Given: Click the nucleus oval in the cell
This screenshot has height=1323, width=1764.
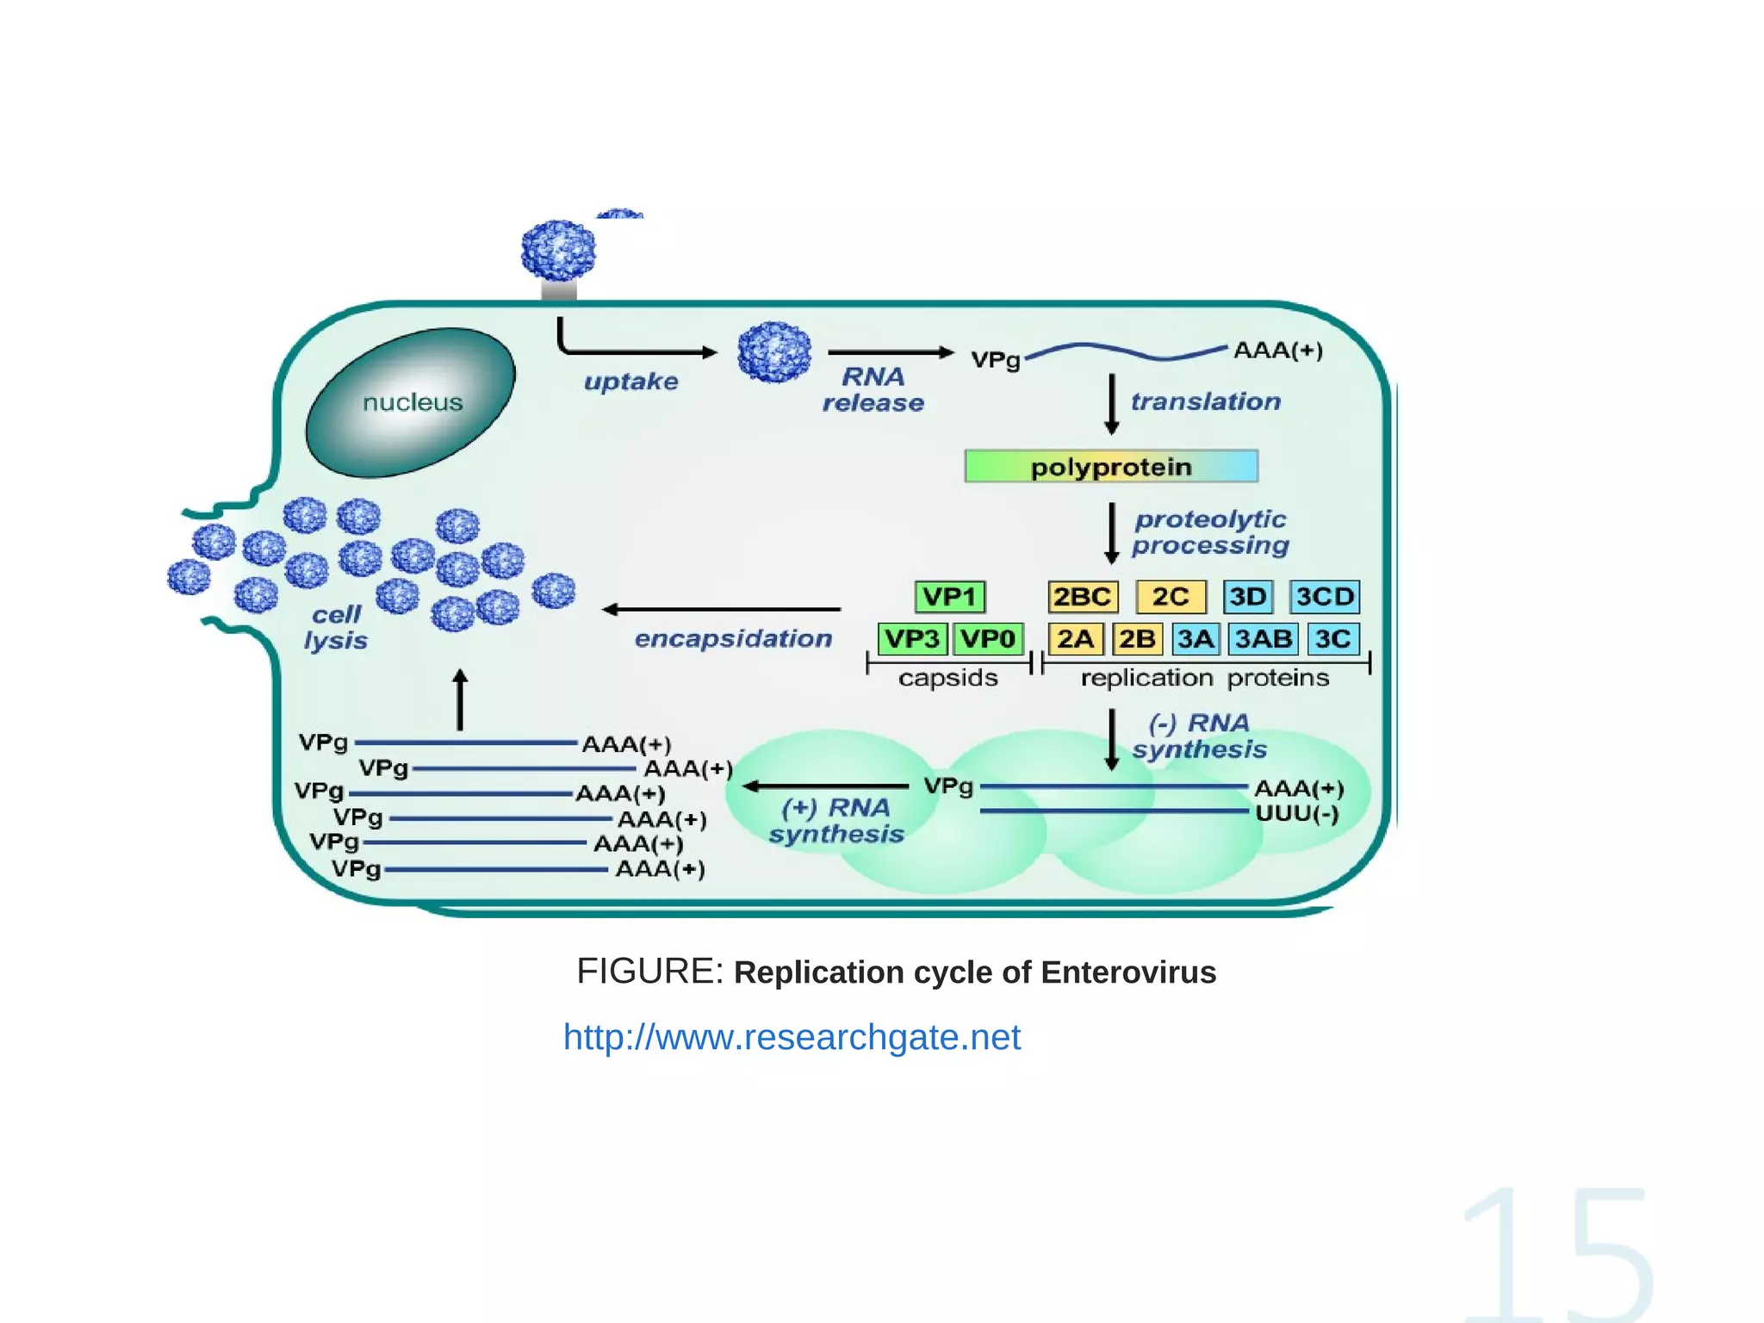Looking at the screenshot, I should (411, 402).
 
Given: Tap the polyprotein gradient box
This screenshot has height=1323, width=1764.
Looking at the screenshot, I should (1111, 466).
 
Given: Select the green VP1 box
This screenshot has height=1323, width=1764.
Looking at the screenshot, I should (949, 596).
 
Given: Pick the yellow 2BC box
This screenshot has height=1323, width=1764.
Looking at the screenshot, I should (1083, 596).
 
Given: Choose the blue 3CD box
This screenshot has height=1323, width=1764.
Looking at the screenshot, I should (1325, 596).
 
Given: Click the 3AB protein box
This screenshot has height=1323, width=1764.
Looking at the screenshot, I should (1263, 638).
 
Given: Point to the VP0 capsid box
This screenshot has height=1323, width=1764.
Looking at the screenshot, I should (988, 638).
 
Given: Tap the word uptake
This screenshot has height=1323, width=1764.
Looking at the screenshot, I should (630, 381).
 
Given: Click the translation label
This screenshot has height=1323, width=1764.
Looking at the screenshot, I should (1205, 401).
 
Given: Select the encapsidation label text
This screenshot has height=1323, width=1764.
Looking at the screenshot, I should (733, 638).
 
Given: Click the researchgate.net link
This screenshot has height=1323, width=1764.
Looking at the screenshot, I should (792, 1037).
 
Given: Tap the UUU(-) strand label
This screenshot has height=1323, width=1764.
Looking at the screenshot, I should (1297, 813).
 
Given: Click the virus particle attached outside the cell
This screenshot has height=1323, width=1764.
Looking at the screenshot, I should (559, 250).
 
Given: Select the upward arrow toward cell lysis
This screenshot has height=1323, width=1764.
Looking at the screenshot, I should (460, 699).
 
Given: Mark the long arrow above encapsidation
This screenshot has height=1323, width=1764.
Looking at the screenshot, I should (722, 609).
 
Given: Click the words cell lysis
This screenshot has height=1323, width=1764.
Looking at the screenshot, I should (336, 627).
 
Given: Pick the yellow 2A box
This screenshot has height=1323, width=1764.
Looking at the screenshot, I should (1075, 638).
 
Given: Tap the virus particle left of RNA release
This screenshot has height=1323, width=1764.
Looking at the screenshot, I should (774, 351).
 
